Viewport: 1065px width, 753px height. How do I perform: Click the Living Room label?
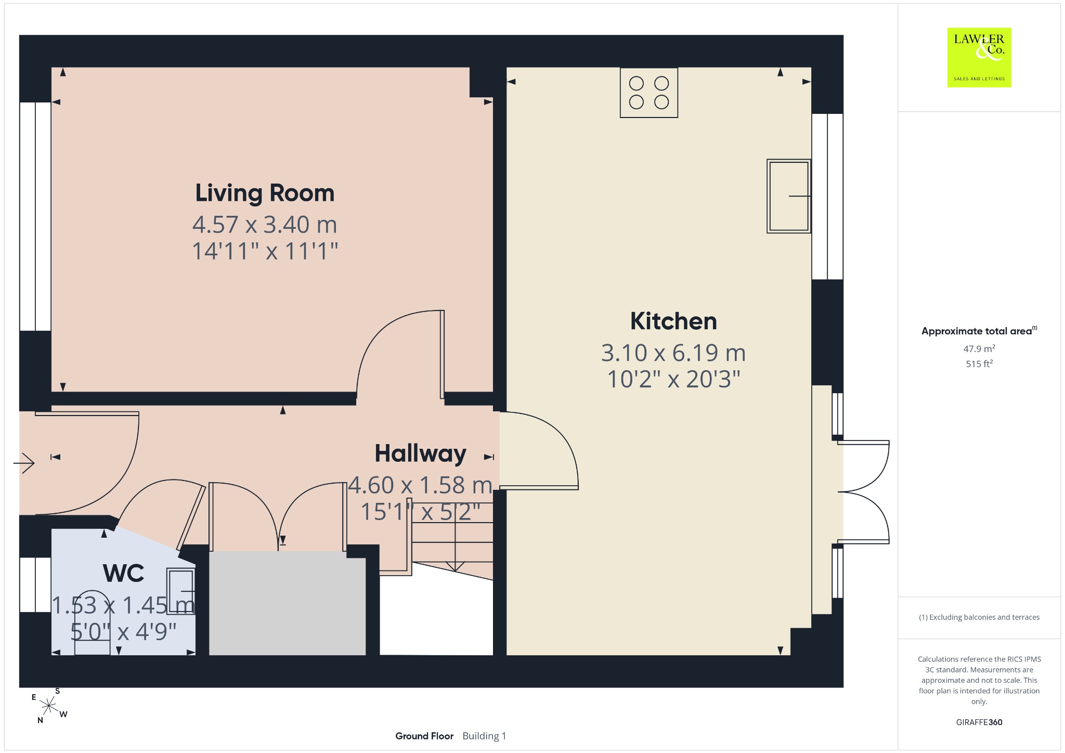coord(265,193)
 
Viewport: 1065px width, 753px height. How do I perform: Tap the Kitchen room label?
coord(673,321)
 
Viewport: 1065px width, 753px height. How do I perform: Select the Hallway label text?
coord(420,453)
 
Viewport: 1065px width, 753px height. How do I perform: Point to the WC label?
coord(124,574)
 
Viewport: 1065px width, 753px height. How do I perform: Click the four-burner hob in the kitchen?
coord(648,93)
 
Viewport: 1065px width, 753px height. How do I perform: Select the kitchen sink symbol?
coord(788,196)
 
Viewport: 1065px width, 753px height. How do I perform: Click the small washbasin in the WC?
coord(180,591)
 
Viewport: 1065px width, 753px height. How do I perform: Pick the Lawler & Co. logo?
coord(979,57)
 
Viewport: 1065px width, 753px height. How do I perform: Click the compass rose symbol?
coord(49,706)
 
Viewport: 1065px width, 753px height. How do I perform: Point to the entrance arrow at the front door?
coord(24,462)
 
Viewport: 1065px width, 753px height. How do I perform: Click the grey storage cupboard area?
coord(287,603)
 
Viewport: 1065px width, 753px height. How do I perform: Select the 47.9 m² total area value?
coord(979,348)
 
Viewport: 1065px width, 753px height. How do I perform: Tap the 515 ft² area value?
coord(979,363)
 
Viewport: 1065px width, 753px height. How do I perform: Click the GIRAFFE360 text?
coord(979,722)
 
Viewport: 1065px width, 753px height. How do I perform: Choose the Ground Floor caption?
coord(424,736)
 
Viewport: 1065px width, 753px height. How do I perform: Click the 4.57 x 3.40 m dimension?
coord(265,225)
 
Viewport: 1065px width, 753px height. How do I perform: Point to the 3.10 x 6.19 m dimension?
coord(673,353)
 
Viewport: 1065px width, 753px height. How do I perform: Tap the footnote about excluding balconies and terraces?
coord(979,617)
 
